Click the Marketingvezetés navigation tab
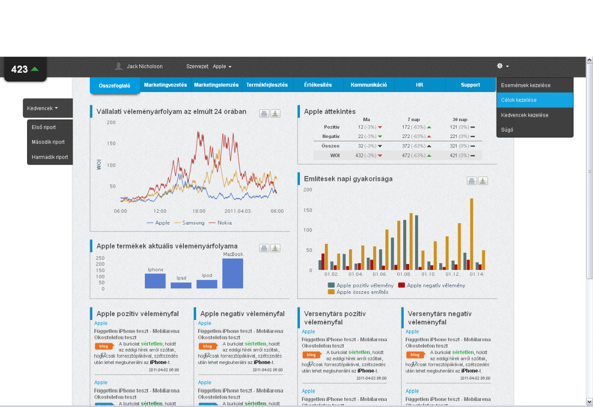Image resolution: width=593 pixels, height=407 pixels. tap(166, 85)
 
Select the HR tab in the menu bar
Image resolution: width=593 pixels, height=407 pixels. tap(419, 85)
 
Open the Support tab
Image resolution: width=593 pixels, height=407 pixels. tap(470, 85)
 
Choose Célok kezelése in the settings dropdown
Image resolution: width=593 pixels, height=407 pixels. tap(535, 100)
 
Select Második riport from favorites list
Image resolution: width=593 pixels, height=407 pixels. tap(48, 142)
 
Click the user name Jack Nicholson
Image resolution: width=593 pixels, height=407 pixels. tap(144, 66)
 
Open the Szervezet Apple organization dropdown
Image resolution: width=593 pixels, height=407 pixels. tap(222, 66)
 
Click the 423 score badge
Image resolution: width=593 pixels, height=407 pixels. tap(25, 69)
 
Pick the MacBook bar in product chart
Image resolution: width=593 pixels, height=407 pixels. tap(233, 273)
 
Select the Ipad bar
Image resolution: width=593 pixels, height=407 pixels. tap(181, 285)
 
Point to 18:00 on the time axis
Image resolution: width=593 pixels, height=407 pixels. tap(199, 211)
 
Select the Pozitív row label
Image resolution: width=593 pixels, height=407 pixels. tap(332, 127)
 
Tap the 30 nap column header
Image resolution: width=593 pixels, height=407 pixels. tap(460, 119)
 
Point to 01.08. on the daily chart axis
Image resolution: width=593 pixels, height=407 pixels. tap(404, 274)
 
